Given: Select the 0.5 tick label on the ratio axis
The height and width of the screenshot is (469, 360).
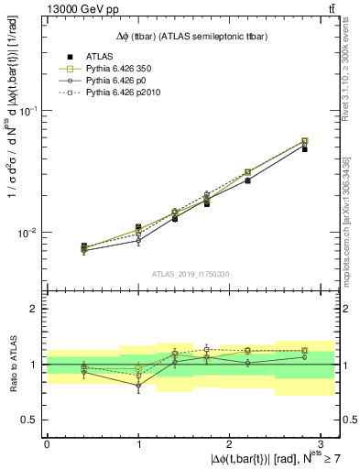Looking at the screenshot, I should click(x=32, y=420).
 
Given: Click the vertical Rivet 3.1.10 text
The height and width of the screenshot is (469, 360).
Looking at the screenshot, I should click(x=351, y=73).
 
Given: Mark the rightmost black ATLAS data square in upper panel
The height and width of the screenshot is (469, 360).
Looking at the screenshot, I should click(x=304, y=148).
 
